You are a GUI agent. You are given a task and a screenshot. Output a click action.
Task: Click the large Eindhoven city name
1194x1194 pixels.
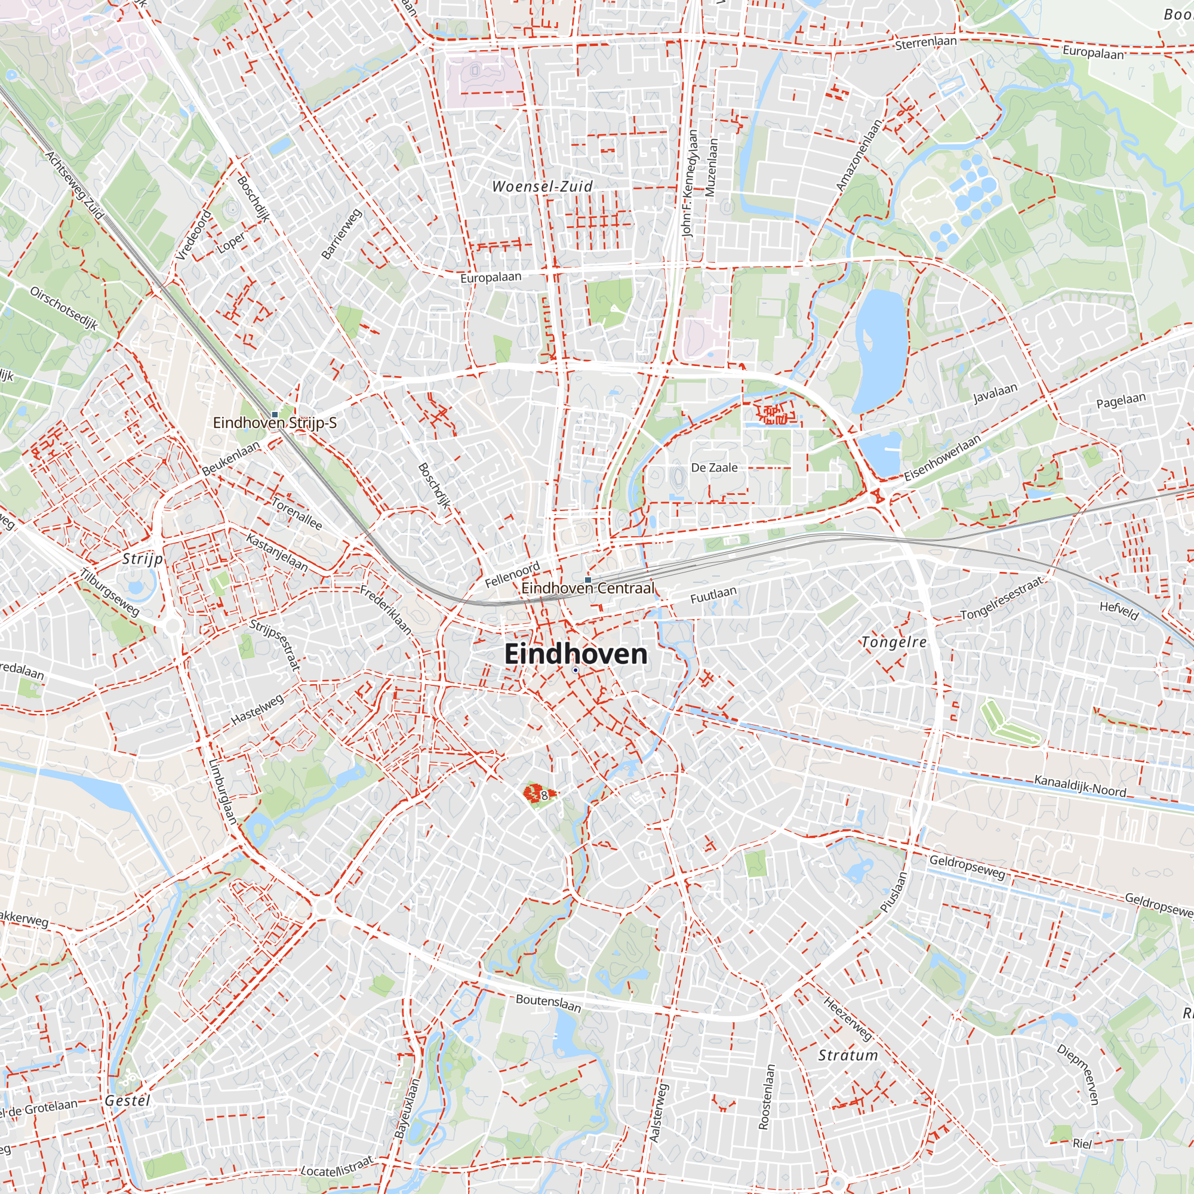[576, 654]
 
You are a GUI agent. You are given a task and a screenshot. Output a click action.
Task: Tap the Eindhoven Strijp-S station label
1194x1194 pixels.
[275, 423]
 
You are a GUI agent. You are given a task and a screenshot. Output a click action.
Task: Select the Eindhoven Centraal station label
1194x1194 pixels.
[587, 587]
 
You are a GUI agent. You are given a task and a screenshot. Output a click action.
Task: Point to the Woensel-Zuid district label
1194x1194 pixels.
[542, 186]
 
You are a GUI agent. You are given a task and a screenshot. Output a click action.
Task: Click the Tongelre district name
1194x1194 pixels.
[894, 642]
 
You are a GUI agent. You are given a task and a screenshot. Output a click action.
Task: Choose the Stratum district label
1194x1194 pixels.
[847, 1055]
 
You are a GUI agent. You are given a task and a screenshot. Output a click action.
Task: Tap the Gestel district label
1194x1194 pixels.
[127, 1101]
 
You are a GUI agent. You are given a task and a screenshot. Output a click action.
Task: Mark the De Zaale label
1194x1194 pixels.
[714, 468]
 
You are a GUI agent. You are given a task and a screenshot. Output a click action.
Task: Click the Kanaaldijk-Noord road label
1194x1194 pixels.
[1079, 786]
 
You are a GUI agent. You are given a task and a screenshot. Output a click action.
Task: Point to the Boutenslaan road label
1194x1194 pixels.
[548, 1002]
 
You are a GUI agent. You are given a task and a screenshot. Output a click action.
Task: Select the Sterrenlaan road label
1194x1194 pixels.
[925, 42]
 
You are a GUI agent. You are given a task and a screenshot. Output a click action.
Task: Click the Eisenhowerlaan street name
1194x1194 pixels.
[942, 458]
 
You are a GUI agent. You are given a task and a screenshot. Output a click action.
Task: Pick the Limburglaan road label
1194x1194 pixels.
[223, 792]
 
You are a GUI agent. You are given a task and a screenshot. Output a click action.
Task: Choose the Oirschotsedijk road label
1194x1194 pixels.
[64, 308]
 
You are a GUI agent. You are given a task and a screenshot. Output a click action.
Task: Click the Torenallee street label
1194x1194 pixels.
[297, 512]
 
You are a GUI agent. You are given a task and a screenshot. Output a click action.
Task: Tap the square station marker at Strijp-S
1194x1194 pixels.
[275, 414]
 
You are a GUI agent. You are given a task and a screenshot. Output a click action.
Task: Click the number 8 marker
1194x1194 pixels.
[544, 795]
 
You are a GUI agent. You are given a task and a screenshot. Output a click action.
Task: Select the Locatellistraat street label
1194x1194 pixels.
[337, 1166]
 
